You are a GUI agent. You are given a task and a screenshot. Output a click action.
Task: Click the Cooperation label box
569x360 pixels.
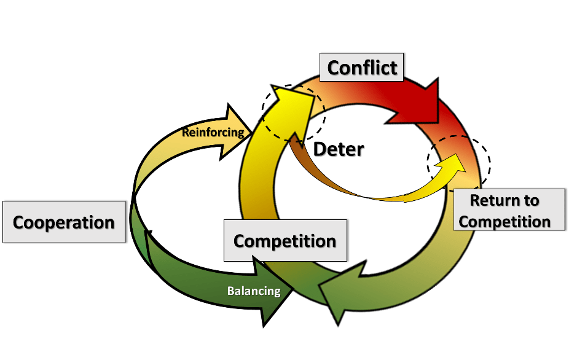pyautogui.click(x=64, y=222)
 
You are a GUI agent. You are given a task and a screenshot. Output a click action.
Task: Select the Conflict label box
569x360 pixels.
pyautogui.click(x=362, y=67)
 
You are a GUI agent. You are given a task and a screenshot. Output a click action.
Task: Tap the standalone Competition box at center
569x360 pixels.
pyautogui.click(x=284, y=240)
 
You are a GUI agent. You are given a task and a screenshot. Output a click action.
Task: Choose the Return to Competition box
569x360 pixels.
pyautogui.click(x=504, y=211)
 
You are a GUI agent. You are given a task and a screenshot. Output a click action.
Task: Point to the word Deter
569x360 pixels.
pyautogui.click(x=339, y=149)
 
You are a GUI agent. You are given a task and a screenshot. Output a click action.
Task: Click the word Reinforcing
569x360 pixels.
pyautogui.click(x=213, y=132)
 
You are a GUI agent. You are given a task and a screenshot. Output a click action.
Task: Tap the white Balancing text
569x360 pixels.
pyautogui.click(x=254, y=291)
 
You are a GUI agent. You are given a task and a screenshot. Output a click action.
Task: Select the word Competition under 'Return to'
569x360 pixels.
pyautogui.click(x=504, y=221)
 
